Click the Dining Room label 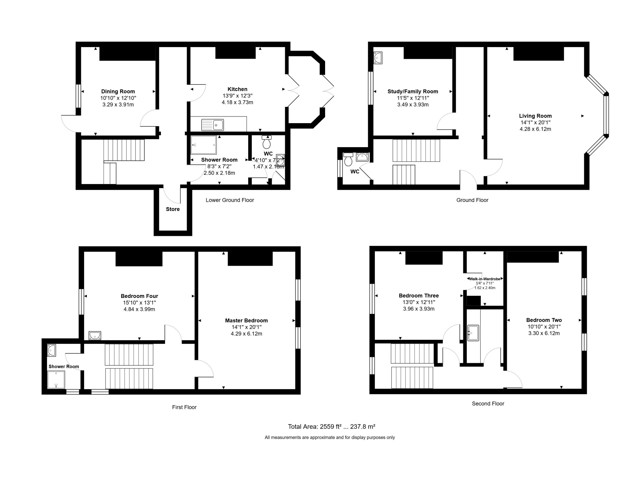(x=118, y=91)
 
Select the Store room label (x=173, y=209)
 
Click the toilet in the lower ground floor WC (x=266, y=142)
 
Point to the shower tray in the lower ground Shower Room (x=203, y=145)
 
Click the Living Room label (x=535, y=116)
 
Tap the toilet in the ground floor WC (x=348, y=159)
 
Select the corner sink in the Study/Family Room (x=378, y=58)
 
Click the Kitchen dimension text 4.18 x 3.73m (x=237, y=102)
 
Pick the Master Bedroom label (x=246, y=320)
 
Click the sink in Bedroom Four (x=95, y=336)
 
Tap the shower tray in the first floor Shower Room (x=56, y=379)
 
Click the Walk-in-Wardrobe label (x=485, y=279)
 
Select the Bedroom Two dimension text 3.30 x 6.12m (x=544, y=333)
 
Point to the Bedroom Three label (x=419, y=296)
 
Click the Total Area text (x=332, y=427)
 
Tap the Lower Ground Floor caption (x=230, y=200)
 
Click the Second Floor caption (x=488, y=404)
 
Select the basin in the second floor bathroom (x=473, y=333)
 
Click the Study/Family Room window (x=371, y=88)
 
